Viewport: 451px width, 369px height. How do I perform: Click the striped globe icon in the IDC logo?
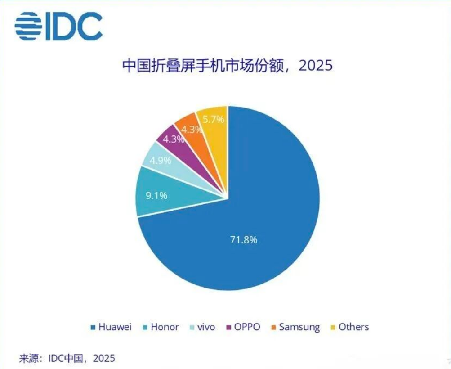(x=29, y=26)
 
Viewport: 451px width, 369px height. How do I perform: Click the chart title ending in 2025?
(x=227, y=66)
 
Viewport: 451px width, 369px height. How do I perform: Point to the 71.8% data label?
(x=243, y=240)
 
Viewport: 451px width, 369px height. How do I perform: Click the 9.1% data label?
(x=156, y=196)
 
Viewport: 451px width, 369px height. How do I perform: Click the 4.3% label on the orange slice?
(x=192, y=130)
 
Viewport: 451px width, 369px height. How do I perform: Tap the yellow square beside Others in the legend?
(x=333, y=328)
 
